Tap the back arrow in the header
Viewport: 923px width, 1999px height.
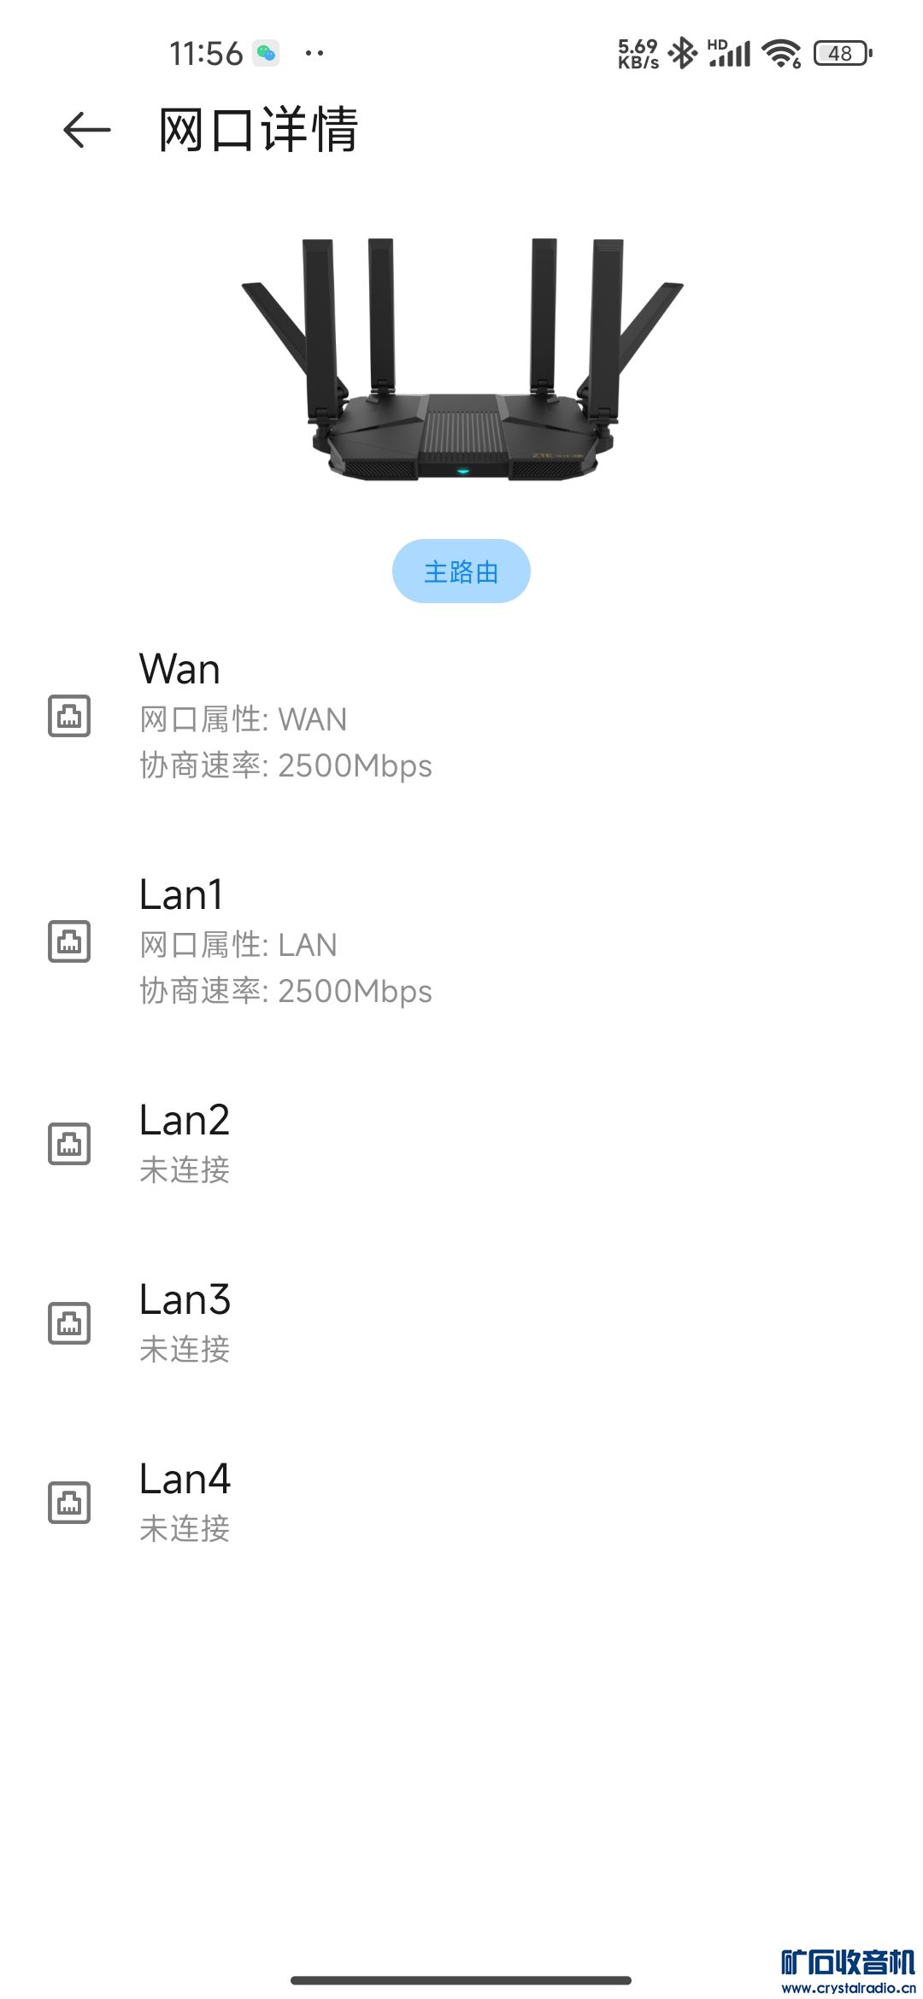tap(87, 130)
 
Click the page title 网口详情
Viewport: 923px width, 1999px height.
tap(258, 130)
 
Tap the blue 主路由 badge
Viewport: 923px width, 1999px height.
tap(461, 572)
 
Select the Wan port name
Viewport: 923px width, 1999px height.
tap(179, 669)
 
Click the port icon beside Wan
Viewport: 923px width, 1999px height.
tap(69, 716)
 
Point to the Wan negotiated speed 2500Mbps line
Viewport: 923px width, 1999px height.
tap(285, 765)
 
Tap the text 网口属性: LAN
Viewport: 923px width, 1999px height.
tap(238, 945)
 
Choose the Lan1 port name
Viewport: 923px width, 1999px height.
tap(181, 894)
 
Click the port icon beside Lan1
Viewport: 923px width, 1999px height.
tap(69, 941)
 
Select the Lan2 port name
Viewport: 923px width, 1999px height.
tap(185, 1120)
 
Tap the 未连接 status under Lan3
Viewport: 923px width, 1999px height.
tap(185, 1349)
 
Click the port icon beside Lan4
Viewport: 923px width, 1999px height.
tap(69, 1503)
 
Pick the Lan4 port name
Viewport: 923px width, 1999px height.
tap(185, 1479)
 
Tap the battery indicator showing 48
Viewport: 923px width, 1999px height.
tap(842, 53)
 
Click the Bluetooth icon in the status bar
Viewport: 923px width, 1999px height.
tap(683, 53)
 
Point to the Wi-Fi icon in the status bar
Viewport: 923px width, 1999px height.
tap(781, 53)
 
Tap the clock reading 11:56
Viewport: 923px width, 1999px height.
tap(206, 53)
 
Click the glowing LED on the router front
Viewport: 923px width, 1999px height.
tap(462, 471)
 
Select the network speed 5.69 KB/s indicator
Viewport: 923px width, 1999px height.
tap(638, 53)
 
